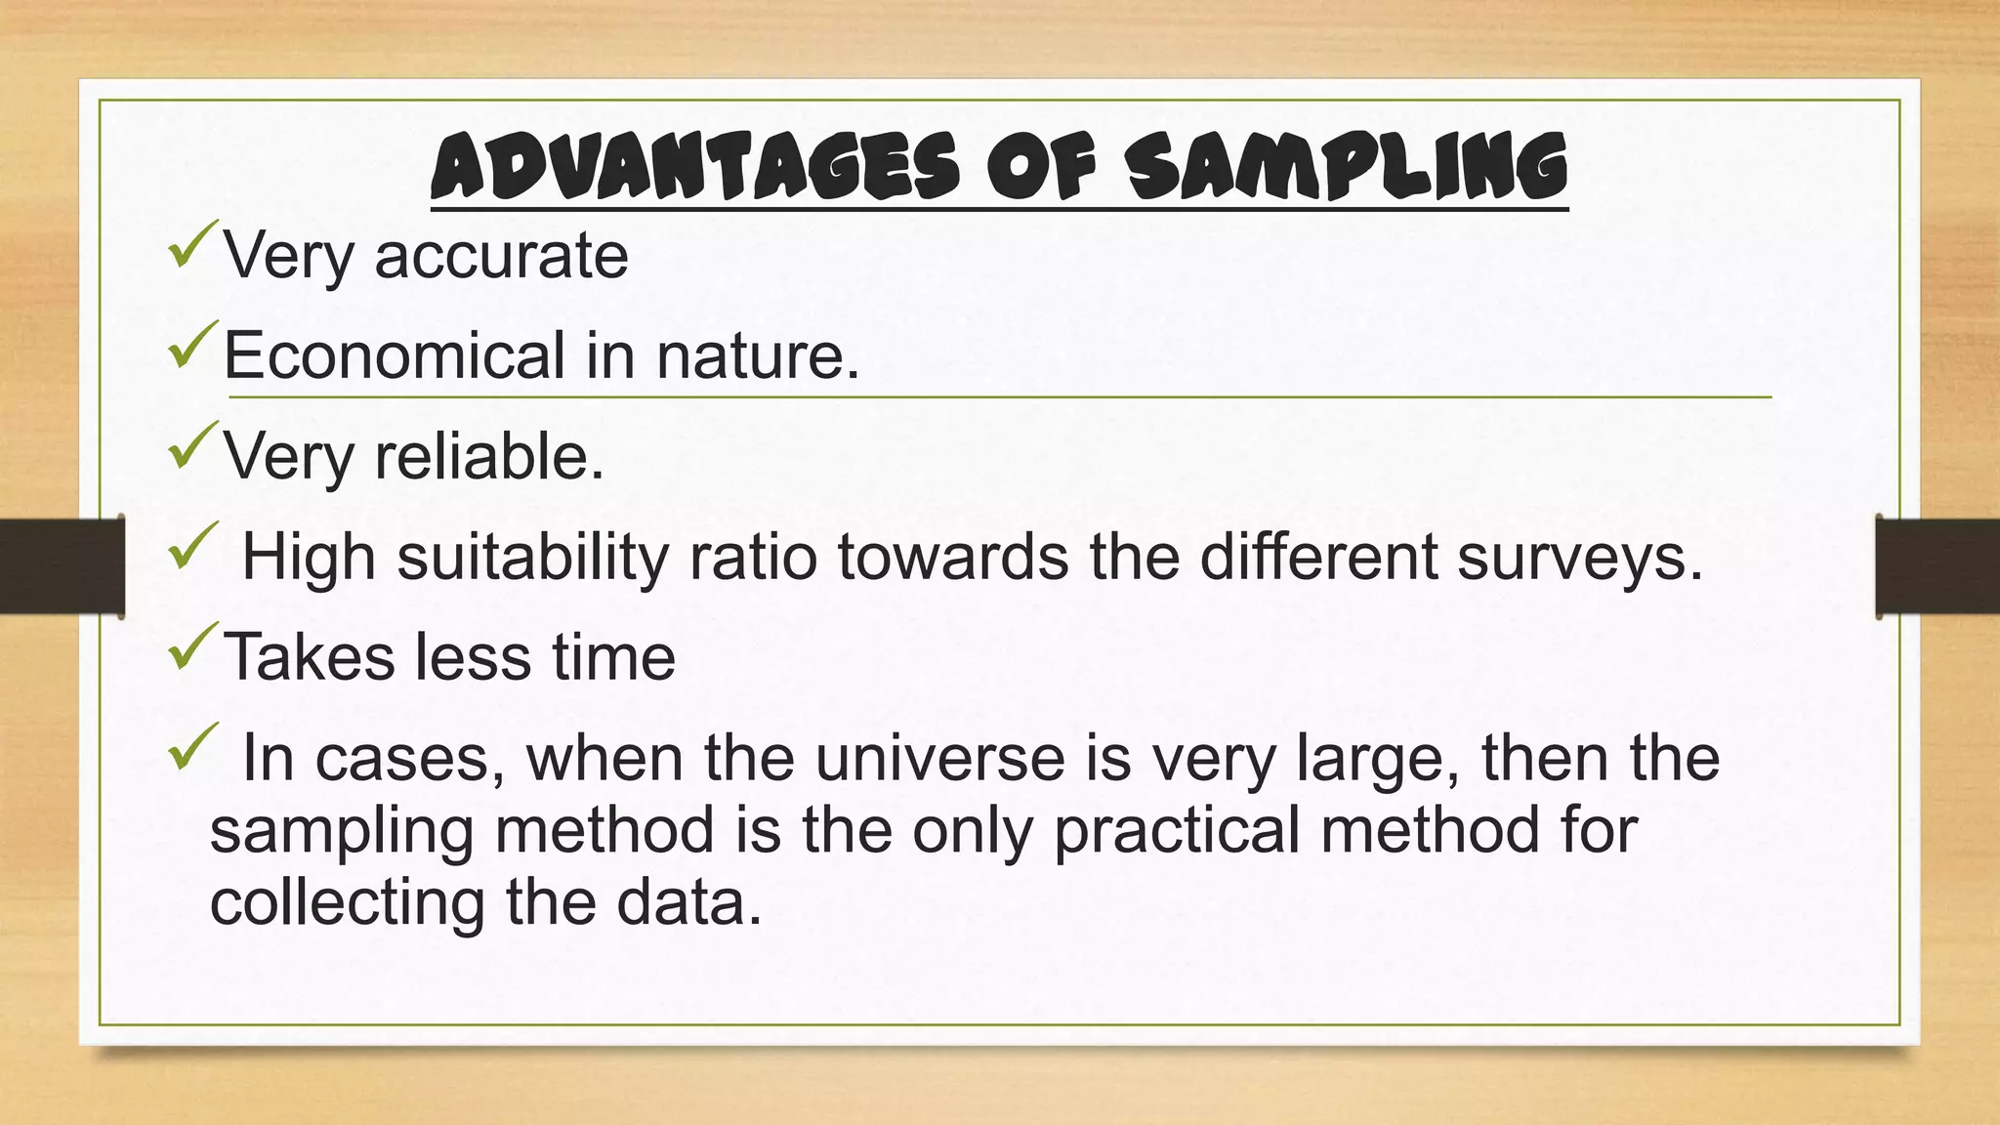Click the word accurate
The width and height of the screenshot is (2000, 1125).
click(x=501, y=256)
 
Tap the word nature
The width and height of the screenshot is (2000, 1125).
click(x=758, y=355)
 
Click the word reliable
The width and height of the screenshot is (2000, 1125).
click(x=489, y=456)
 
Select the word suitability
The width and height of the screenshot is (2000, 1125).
click(x=533, y=558)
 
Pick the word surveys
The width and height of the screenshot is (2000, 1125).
click(x=1579, y=558)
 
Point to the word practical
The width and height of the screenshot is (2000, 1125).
click(x=1177, y=830)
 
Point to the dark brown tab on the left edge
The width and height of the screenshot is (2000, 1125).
click(x=62, y=566)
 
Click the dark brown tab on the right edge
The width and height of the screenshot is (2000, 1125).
click(x=1938, y=566)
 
